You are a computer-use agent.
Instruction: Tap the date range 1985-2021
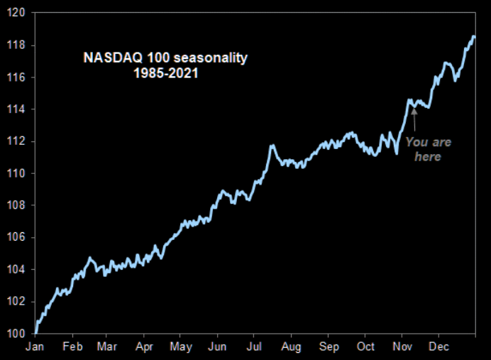[166, 73]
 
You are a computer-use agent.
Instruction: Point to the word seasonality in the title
[211, 58]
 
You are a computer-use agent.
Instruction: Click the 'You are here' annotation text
[428, 149]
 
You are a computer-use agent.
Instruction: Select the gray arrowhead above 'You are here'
[414, 111]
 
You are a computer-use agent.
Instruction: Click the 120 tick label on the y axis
[16, 13]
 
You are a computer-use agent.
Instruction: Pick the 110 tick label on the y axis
[16, 173]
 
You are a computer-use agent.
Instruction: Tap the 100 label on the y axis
[16, 334]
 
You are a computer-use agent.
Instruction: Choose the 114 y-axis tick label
[16, 109]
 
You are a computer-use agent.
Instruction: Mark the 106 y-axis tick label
[16, 237]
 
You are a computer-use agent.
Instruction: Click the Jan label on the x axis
[35, 347]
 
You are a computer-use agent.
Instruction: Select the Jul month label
[254, 347]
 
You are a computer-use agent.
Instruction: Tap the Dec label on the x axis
[438, 347]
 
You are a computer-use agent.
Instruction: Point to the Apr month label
[144, 347]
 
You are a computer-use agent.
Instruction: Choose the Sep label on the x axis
[329, 347]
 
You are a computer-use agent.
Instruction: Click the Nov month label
[402, 347]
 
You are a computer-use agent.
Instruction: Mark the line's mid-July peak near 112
[272, 146]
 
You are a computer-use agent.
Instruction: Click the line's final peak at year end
[474, 37]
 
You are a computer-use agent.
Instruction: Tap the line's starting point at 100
[35, 333]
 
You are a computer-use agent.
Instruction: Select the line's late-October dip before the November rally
[397, 153]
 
